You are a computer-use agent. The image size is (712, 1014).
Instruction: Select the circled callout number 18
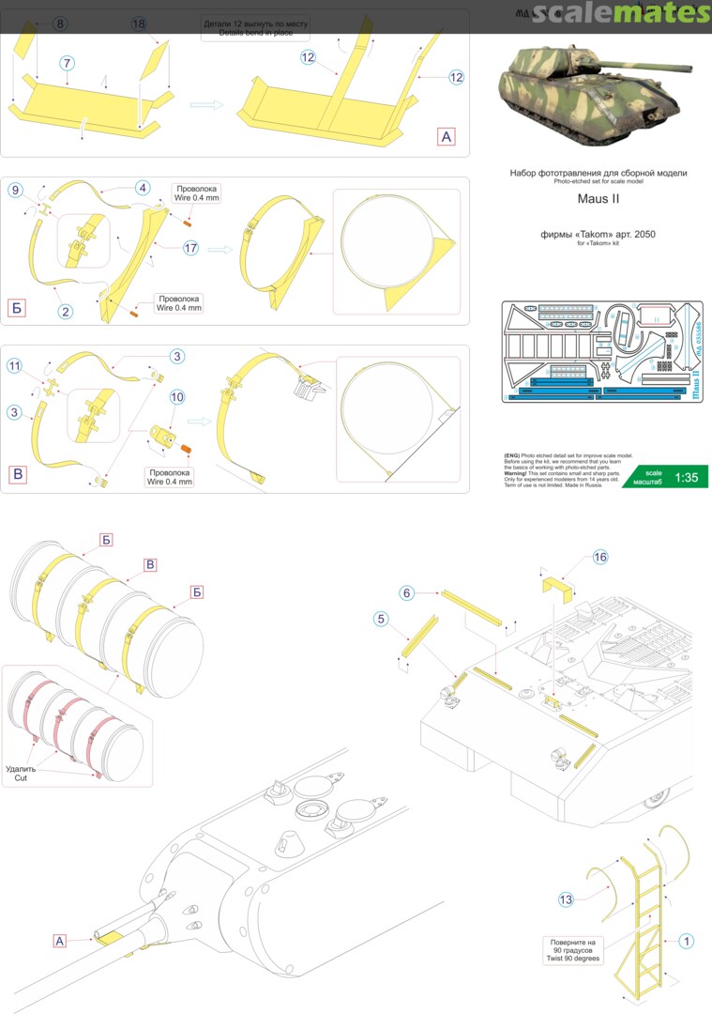pyautogui.click(x=140, y=23)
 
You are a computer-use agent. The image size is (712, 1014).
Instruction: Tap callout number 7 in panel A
pyautogui.click(x=67, y=62)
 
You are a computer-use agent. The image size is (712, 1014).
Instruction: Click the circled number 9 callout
pyautogui.click(x=14, y=191)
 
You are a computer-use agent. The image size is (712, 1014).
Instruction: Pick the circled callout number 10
pyautogui.click(x=176, y=397)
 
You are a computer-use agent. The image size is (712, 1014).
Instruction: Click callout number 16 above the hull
pyautogui.click(x=600, y=558)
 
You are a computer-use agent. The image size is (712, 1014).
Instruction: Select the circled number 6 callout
pyautogui.click(x=406, y=592)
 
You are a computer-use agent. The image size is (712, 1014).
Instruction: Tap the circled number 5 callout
pyautogui.click(x=380, y=619)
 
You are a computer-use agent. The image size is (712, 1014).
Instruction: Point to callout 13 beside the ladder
pyautogui.click(x=566, y=899)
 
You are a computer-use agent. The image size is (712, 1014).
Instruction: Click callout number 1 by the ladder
pyautogui.click(x=687, y=940)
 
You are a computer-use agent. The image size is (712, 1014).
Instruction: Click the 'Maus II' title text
pyautogui.click(x=598, y=200)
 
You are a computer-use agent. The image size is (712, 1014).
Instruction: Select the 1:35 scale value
pyautogui.click(x=686, y=477)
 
